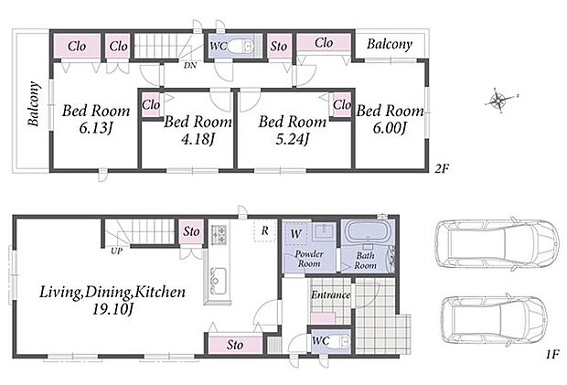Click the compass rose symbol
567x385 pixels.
[499, 100]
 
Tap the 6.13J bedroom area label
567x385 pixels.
[95, 128]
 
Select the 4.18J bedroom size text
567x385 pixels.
[198, 139]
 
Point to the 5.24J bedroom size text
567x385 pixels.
[292, 139]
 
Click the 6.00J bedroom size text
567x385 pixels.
[390, 128]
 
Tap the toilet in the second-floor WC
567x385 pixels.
[242, 46]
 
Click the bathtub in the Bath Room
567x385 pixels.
[368, 230]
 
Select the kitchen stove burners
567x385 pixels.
[219, 235]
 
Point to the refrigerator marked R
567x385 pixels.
[265, 230]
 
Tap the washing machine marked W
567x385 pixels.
[295, 233]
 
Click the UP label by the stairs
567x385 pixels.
[116, 251]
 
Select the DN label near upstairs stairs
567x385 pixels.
[190, 66]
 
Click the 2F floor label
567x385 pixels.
[442, 168]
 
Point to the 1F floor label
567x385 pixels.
[553, 353]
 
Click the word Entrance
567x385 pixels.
[330, 295]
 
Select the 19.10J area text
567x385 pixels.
[113, 309]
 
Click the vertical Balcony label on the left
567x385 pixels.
[33, 103]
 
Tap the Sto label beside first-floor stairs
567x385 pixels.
[191, 231]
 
